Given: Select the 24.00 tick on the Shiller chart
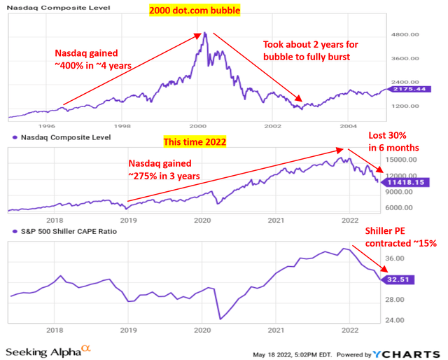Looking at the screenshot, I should click(398, 321).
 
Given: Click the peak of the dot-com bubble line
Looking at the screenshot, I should click(204, 32).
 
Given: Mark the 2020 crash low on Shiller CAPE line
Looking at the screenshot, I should click(219, 319).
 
